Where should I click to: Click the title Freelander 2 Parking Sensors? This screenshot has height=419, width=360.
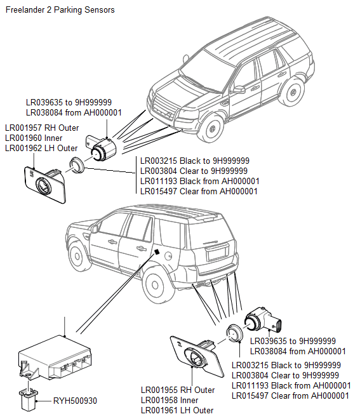(60, 10)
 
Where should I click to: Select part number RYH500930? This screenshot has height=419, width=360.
(75, 401)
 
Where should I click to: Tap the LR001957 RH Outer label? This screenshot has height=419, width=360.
(42, 128)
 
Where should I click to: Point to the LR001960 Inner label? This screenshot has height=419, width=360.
(34, 138)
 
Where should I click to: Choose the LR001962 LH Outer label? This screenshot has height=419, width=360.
(41, 149)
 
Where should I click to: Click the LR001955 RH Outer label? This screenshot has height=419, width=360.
(178, 390)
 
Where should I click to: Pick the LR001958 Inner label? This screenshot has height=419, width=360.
(170, 401)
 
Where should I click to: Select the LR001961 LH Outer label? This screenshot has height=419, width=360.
(177, 411)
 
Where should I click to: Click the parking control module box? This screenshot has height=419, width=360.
(55, 357)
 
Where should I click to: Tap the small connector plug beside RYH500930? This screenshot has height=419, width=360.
(29, 399)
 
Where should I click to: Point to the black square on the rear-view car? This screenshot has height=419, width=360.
(157, 251)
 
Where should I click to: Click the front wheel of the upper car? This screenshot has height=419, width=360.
(212, 129)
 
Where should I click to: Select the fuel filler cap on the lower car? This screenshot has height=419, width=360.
(169, 256)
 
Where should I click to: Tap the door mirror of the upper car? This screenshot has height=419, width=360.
(238, 90)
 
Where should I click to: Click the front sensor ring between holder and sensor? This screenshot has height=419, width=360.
(77, 164)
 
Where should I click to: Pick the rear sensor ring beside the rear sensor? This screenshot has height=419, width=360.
(234, 333)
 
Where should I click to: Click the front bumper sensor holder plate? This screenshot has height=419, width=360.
(45, 184)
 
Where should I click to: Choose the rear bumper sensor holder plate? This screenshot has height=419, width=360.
(197, 357)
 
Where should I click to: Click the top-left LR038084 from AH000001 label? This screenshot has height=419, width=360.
(74, 113)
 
